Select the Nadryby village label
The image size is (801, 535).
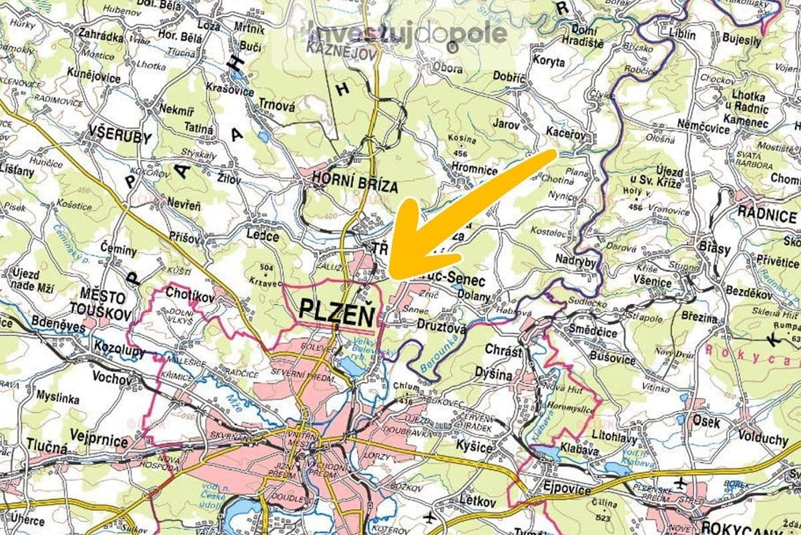pyautogui.click(x=575, y=263)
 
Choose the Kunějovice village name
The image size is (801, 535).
pyautogui.click(x=94, y=78)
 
